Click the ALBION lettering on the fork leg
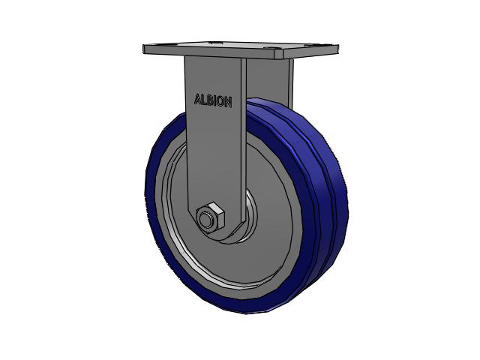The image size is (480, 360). click(x=213, y=100)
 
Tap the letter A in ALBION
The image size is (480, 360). click(x=198, y=99)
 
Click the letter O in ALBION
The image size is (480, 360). click(x=221, y=102)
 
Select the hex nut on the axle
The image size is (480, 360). click(x=210, y=218)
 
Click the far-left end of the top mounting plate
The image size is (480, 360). click(x=144, y=49)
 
